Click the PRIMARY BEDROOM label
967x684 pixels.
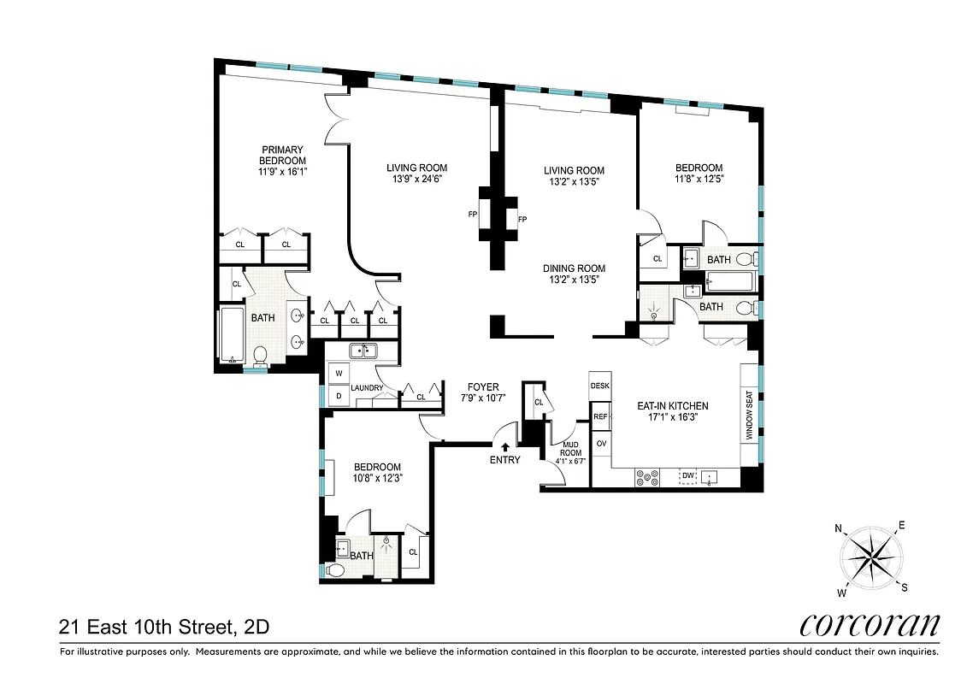click(x=282, y=155)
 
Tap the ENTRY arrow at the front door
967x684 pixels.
click(x=504, y=446)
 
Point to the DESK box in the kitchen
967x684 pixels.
click(x=600, y=386)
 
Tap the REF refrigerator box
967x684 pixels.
click(x=600, y=416)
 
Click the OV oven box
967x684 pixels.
click(x=600, y=444)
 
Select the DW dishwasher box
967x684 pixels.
click(x=687, y=476)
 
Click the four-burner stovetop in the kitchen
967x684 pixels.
click(x=647, y=478)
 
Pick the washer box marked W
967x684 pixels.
click(x=338, y=374)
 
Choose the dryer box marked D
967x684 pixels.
click(x=338, y=395)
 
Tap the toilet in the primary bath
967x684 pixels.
click(x=260, y=355)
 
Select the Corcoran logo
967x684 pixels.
click(x=870, y=625)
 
